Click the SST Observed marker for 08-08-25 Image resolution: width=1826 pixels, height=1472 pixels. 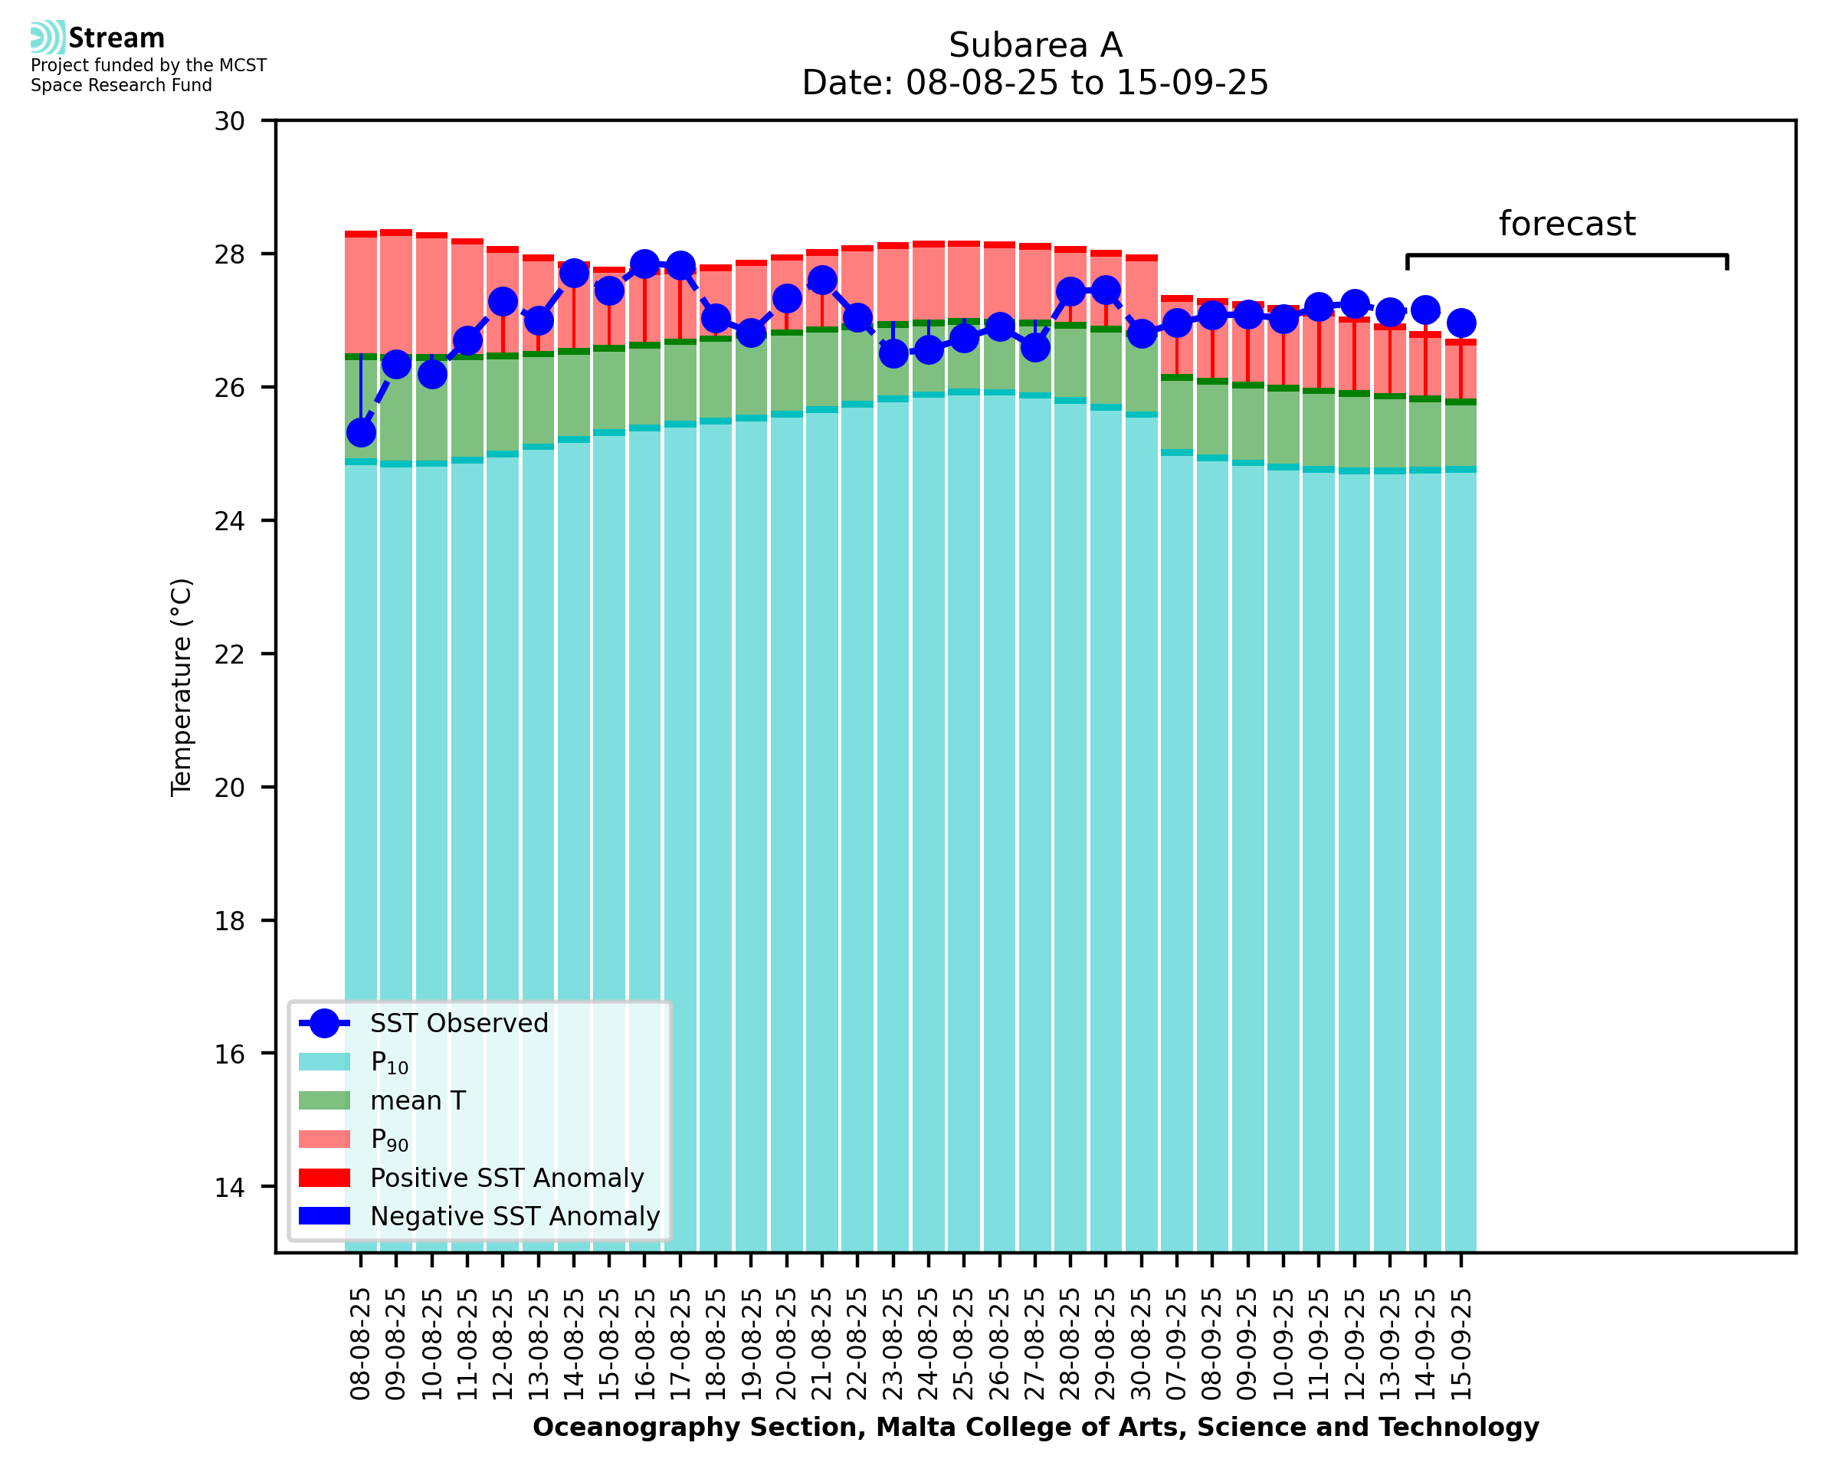[361, 433]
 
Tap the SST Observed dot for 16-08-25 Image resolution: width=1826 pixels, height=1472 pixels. [644, 264]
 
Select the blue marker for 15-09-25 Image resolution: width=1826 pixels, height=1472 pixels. [1460, 323]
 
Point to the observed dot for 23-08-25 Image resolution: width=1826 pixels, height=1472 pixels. [893, 353]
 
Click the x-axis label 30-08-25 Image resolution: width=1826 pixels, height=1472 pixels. [1142, 1345]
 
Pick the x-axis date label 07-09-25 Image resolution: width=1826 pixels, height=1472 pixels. [1178, 1345]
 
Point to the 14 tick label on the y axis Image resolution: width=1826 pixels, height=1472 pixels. [230, 1187]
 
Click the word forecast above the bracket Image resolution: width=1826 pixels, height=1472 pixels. [1566, 224]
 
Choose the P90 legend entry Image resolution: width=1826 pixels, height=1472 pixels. [389, 1139]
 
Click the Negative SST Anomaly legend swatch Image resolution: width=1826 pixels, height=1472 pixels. [324, 1216]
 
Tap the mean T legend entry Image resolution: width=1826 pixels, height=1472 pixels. [418, 1100]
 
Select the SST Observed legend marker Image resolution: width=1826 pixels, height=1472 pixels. [324, 1024]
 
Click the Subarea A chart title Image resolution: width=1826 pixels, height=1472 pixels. [1035, 45]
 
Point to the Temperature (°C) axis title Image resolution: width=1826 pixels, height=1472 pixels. [182, 687]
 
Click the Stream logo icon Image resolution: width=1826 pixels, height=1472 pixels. [48, 38]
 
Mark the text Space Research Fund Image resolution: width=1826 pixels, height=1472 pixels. [121, 86]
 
